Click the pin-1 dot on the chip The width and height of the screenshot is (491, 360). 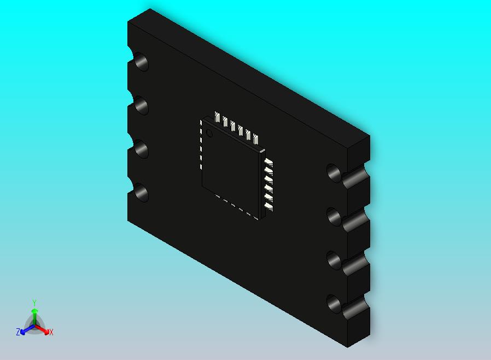(x=209, y=133)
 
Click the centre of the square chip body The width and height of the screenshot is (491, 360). (x=232, y=167)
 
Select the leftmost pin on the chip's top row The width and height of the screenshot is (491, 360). (x=218, y=118)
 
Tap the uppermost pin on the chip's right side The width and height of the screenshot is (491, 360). (x=268, y=162)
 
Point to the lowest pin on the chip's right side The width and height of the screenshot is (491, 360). (x=268, y=206)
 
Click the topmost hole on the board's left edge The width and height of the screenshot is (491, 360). (x=141, y=62)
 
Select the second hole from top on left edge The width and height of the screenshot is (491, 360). (x=141, y=106)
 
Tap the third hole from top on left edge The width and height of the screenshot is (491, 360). (x=141, y=149)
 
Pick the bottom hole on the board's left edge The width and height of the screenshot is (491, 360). (x=141, y=193)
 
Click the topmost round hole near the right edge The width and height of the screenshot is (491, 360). (x=334, y=173)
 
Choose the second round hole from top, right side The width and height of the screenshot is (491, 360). (x=334, y=217)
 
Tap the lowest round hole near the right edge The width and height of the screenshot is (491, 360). (x=334, y=304)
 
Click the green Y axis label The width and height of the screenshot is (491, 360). (x=34, y=303)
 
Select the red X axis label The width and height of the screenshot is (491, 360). (x=51, y=332)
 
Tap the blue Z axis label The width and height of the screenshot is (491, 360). (x=18, y=332)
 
